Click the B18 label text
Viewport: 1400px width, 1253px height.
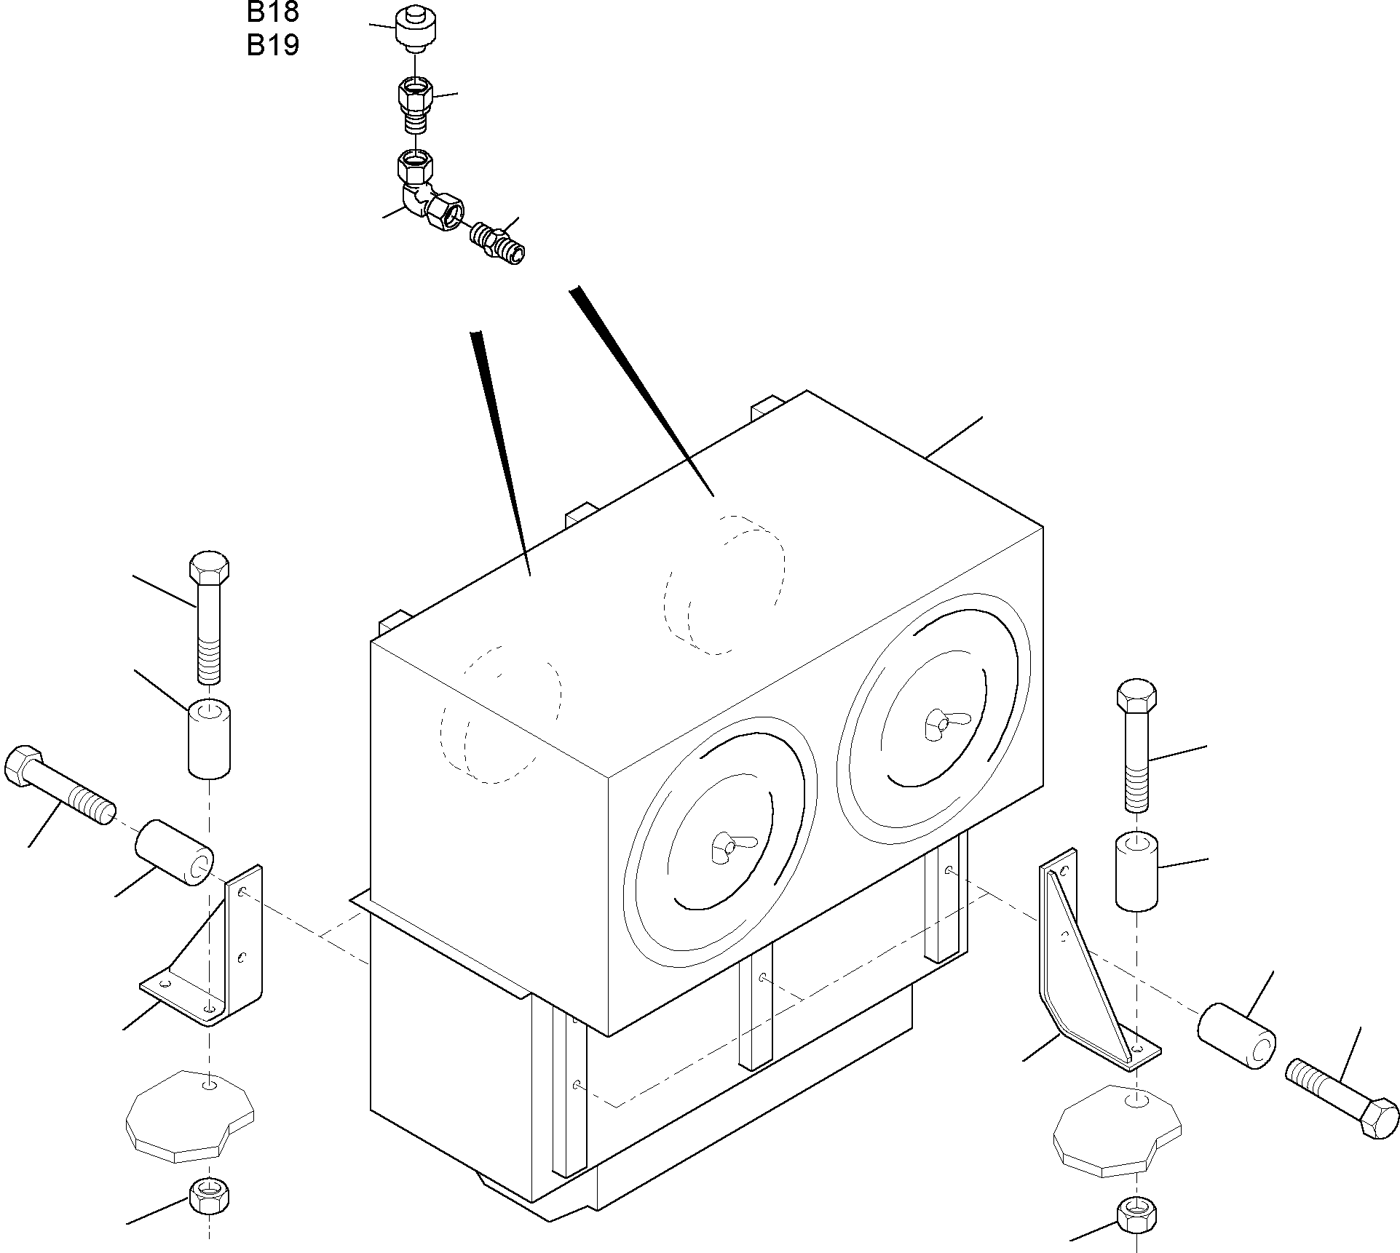click(272, 12)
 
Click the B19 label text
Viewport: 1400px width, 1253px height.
click(272, 45)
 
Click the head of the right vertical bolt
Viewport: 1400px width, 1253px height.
click(1136, 697)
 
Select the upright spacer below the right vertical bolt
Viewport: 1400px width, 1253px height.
click(1136, 872)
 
